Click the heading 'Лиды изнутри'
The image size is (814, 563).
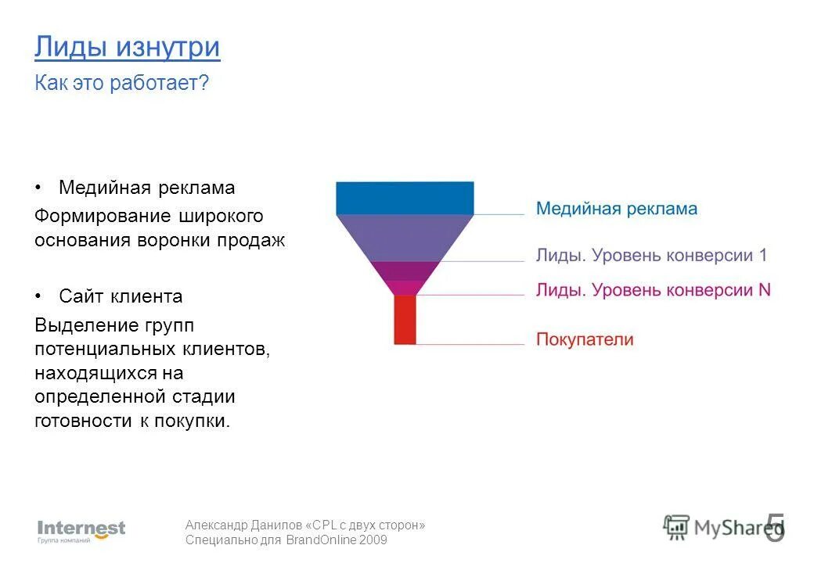click(127, 47)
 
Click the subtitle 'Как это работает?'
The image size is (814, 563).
click(121, 83)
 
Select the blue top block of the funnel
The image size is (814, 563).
click(405, 198)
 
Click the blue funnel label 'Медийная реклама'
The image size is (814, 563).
click(616, 209)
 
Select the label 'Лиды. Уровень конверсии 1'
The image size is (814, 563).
click(651, 255)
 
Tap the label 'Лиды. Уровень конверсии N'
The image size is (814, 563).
click(653, 290)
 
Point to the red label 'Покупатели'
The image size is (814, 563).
click(585, 339)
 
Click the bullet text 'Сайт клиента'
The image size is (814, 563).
click(121, 296)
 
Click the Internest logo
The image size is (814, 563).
click(81, 530)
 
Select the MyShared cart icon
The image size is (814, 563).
click(675, 527)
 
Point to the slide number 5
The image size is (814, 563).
click(774, 528)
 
